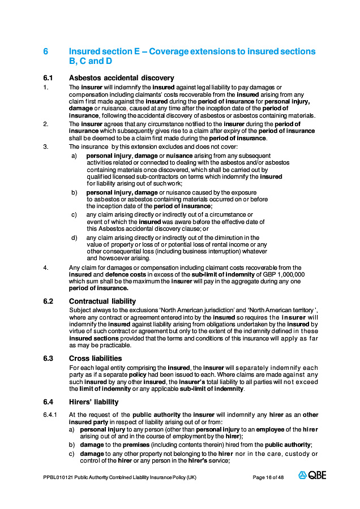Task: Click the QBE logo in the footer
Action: point(312,476)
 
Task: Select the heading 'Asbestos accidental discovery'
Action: point(121,78)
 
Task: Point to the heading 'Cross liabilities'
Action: point(95,358)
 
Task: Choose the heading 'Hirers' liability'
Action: point(93,402)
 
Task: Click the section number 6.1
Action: point(48,78)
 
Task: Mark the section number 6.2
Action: point(48,301)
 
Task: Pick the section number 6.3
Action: point(48,358)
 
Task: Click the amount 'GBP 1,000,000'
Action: point(287,274)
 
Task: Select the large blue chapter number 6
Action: point(46,51)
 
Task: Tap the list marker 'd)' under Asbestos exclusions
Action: point(74,238)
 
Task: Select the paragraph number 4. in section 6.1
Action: point(45,268)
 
